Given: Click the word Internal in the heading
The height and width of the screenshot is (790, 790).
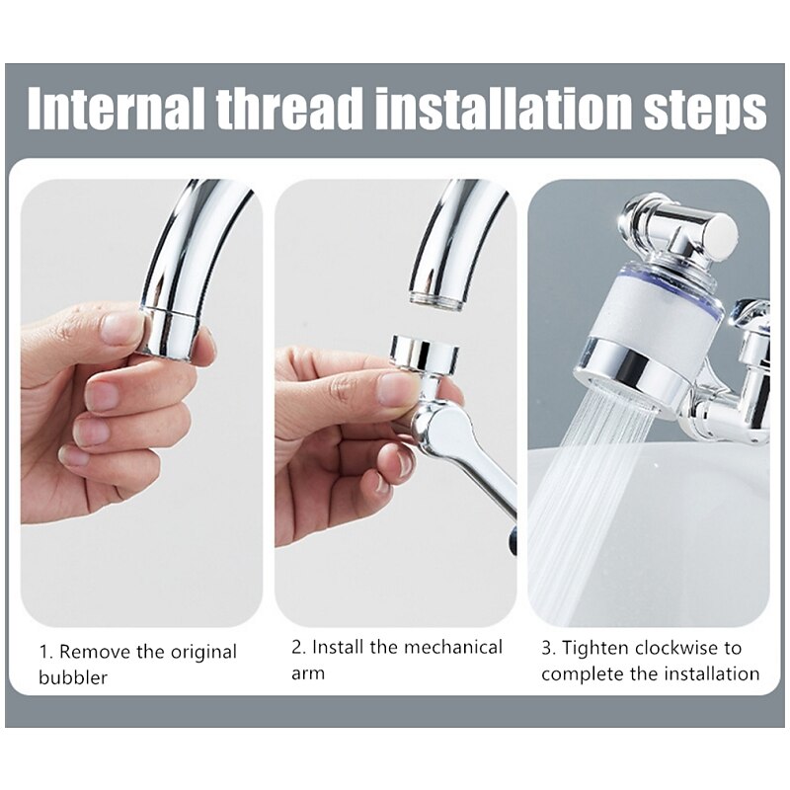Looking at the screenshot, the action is click(x=116, y=109).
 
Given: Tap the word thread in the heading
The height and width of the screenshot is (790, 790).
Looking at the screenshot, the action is click(x=289, y=109).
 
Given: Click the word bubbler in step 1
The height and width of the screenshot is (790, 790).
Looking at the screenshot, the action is click(x=73, y=677).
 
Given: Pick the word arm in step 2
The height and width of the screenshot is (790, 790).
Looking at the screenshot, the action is click(x=308, y=673).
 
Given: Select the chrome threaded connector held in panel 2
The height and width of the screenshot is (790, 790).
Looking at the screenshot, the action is click(x=425, y=353).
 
